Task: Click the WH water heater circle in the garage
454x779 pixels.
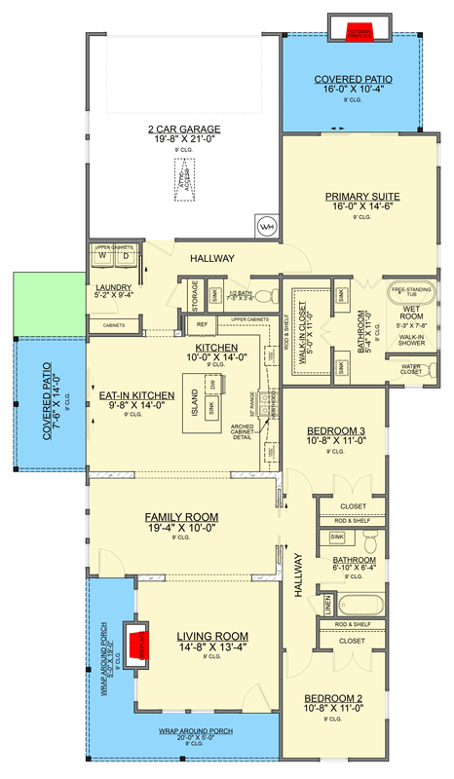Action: [x=266, y=228]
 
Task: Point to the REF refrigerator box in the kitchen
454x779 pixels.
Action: [x=202, y=324]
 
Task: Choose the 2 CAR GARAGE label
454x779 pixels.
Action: [x=184, y=130]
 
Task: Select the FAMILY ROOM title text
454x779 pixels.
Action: [x=181, y=516]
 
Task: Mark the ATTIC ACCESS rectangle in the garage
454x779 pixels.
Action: [x=185, y=178]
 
